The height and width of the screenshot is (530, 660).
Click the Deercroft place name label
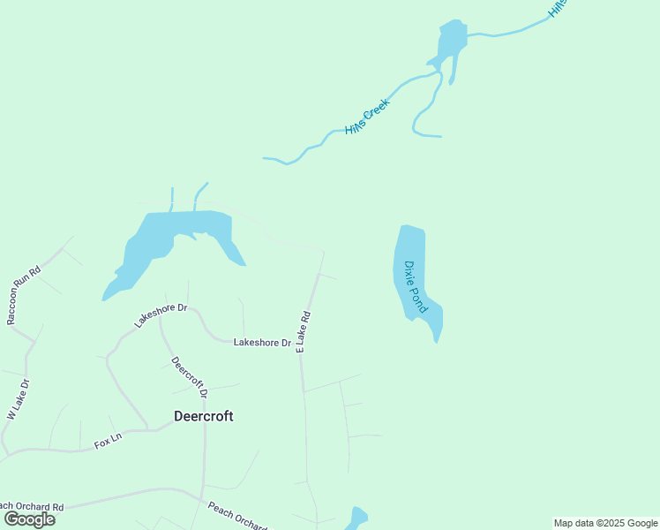(203, 416)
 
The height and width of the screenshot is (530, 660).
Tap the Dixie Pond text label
(416, 286)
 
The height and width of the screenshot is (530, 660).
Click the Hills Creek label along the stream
(366, 116)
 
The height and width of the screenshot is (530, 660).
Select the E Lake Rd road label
(304, 332)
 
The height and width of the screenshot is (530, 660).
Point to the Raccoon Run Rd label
(24, 295)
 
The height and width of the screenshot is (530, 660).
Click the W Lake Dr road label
(19, 399)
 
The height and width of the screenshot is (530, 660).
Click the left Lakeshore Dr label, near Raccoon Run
(161, 315)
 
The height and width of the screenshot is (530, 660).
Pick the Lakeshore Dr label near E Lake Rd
(262, 343)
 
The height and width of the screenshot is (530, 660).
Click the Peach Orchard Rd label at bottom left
(32, 507)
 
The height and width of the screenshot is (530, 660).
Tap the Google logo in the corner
(29, 519)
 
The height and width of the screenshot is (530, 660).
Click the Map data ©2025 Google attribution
(605, 523)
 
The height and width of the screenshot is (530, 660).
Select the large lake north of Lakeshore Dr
(176, 235)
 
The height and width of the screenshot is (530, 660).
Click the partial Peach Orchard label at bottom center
(236, 516)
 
